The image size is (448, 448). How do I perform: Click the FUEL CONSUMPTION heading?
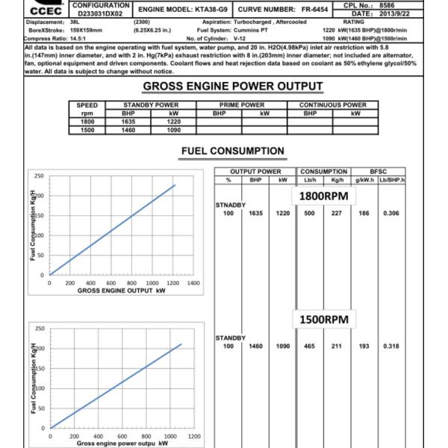[x=232, y=152]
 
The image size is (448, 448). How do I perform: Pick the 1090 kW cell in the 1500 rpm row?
[x=174, y=129]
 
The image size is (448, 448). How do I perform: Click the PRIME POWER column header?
[x=242, y=105]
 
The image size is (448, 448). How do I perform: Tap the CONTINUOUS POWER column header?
[x=332, y=105]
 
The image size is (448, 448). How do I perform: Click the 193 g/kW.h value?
[x=363, y=346]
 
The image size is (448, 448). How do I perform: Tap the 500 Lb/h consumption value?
[x=309, y=213]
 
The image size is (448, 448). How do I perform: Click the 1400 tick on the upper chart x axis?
[x=193, y=284]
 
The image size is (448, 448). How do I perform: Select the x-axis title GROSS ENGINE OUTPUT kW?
[x=119, y=290]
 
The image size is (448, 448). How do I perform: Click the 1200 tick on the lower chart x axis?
[x=194, y=435]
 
